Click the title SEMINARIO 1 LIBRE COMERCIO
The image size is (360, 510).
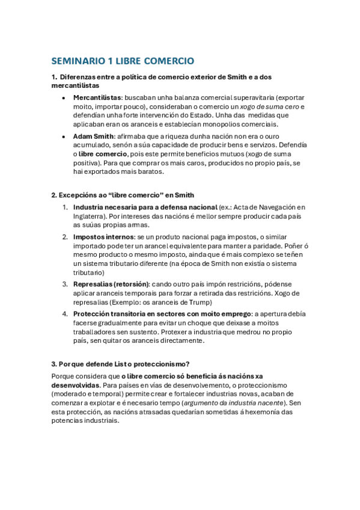[123, 61]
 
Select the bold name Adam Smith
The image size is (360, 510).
[93, 136]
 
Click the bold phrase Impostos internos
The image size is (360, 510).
[103, 237]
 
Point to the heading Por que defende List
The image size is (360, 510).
[120, 364]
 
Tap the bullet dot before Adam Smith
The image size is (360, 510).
[64, 137]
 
